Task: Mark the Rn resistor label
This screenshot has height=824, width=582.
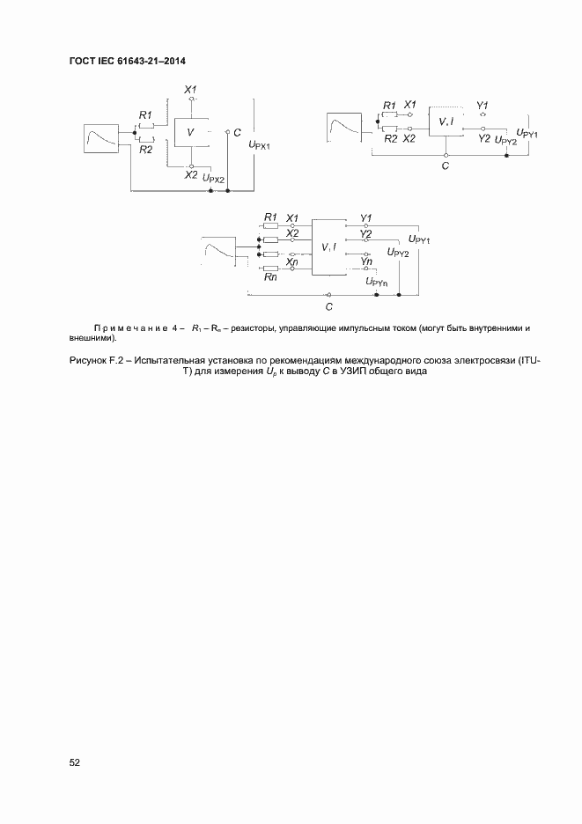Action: coord(270,276)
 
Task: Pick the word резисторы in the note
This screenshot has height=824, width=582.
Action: coord(255,327)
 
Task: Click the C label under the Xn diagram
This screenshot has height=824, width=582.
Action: coord(328,307)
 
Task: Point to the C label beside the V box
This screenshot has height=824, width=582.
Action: coord(238,132)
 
